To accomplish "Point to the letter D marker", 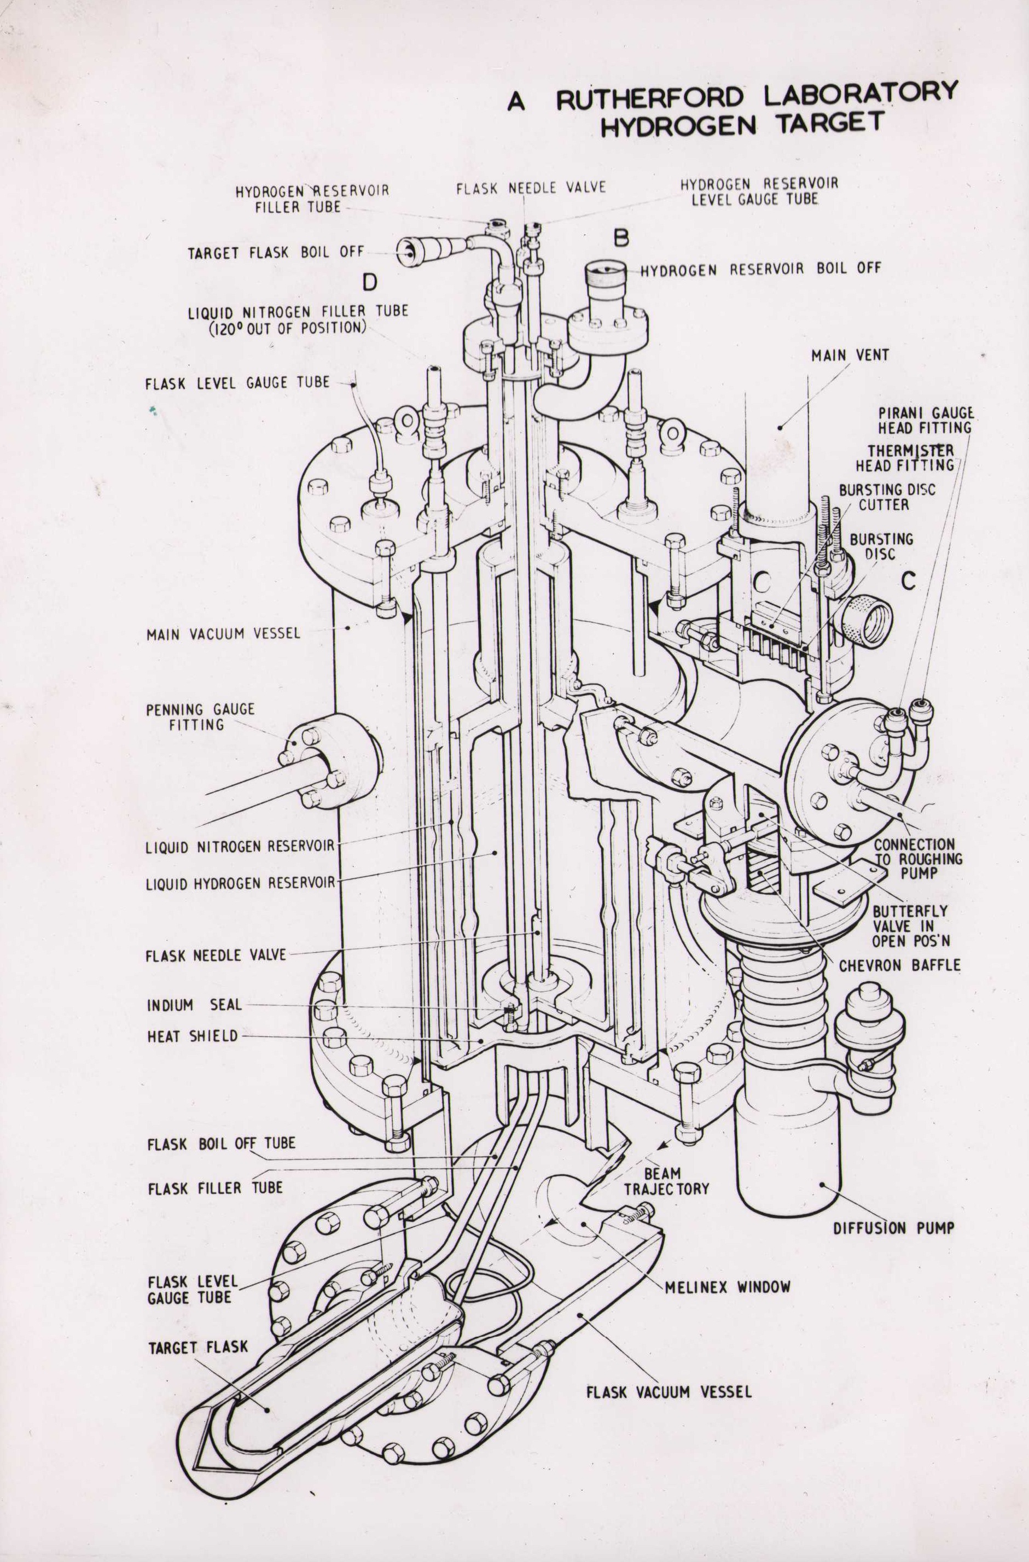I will [x=370, y=282].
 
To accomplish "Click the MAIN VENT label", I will [x=850, y=355].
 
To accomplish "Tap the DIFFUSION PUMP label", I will [x=893, y=1227].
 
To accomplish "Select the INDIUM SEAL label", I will [x=194, y=1005].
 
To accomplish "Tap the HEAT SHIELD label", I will [x=192, y=1036].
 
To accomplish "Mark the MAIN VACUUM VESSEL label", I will [x=223, y=634].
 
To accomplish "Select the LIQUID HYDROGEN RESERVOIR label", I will [x=240, y=883].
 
